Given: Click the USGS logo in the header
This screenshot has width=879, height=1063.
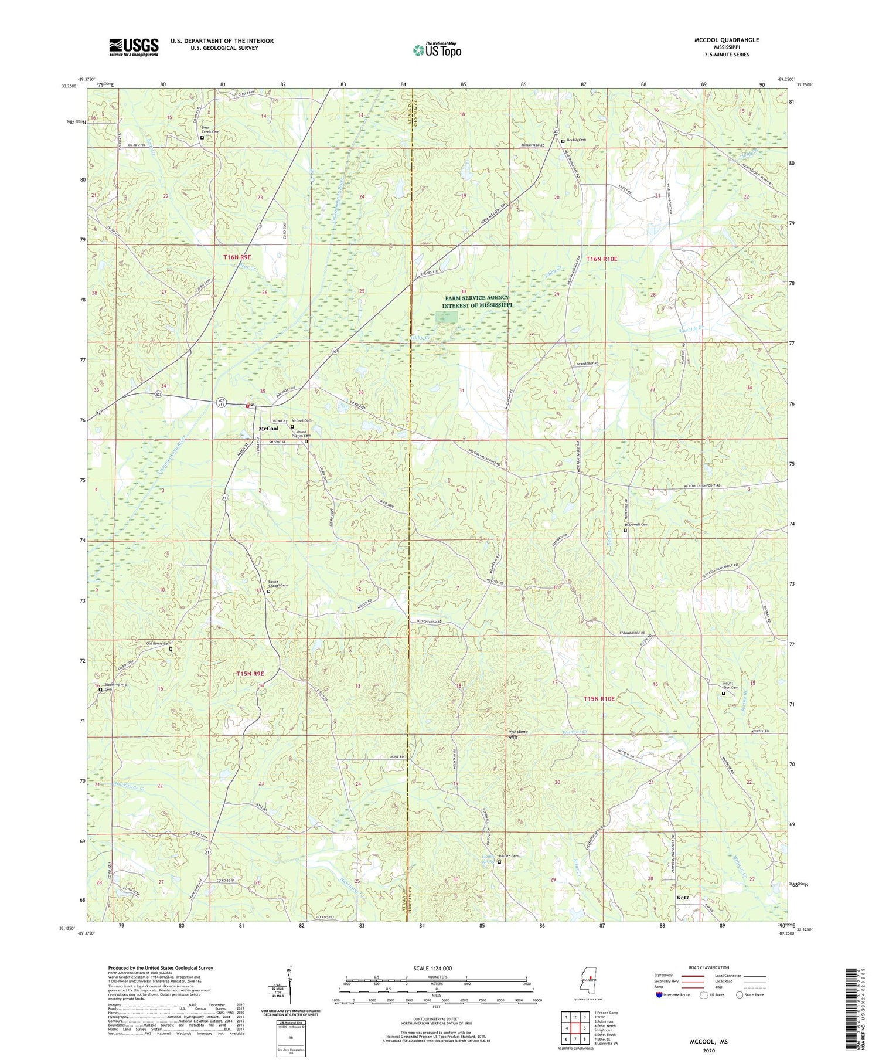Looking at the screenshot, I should (x=134, y=47).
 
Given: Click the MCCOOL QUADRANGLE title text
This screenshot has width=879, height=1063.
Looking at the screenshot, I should (x=726, y=40).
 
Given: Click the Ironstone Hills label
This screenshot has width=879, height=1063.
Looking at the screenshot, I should (x=517, y=735).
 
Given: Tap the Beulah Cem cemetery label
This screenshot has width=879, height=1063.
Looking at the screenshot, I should (x=576, y=140).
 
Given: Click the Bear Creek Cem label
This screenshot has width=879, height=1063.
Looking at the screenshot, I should (x=210, y=130).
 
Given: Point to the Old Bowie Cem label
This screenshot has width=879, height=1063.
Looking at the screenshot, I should (x=158, y=644).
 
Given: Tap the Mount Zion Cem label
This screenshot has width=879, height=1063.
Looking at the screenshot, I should (x=730, y=685).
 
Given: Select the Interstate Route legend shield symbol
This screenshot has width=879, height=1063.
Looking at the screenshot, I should (x=660, y=995).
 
